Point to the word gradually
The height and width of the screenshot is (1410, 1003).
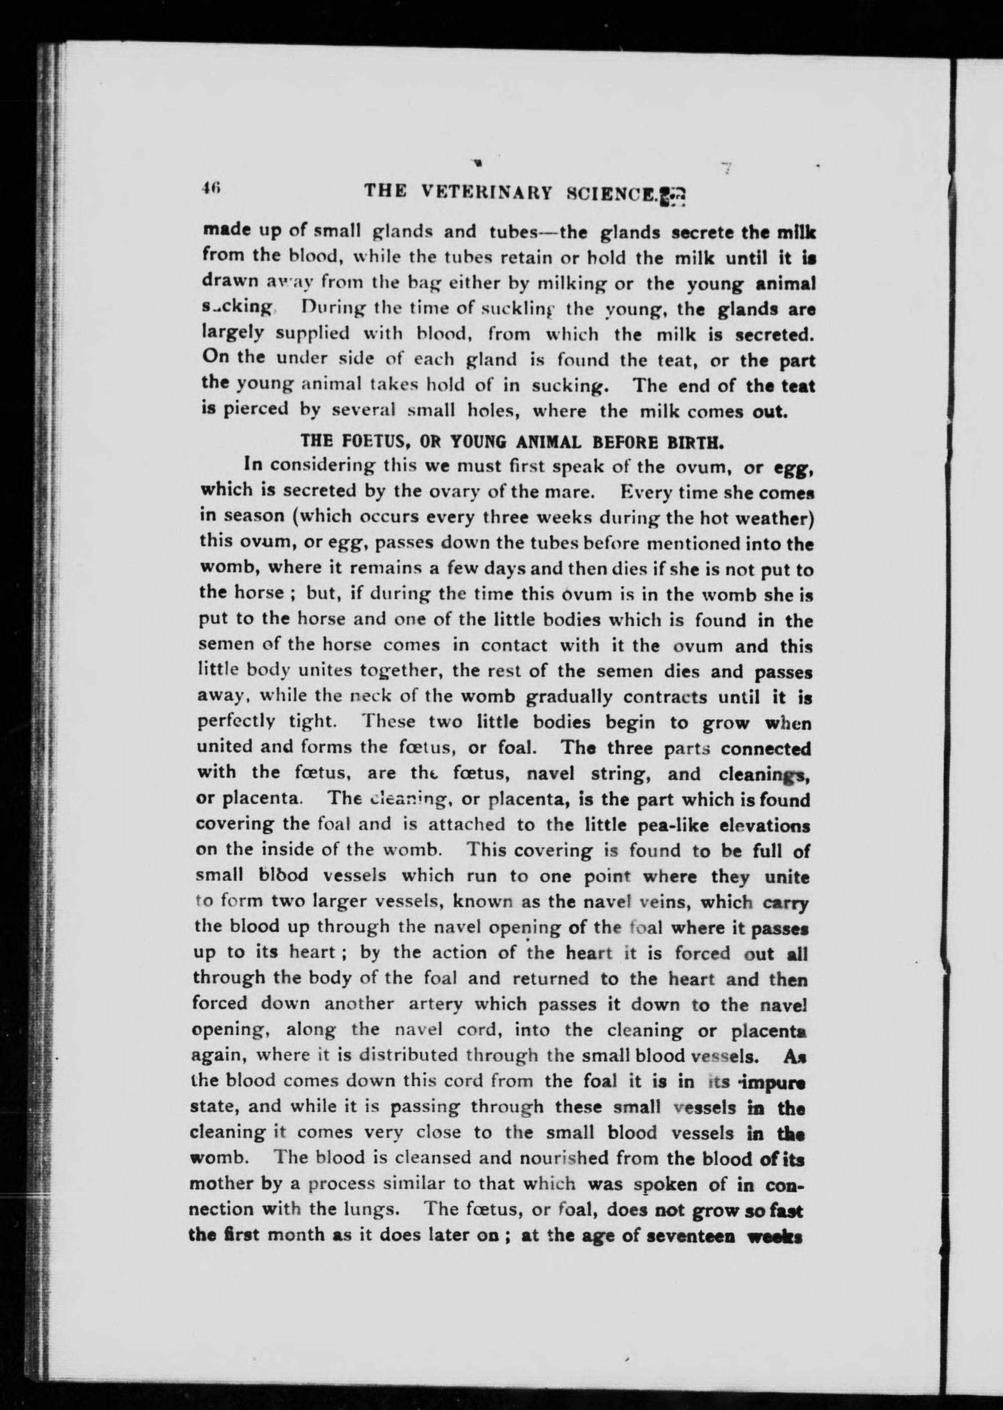(x=571, y=697)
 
